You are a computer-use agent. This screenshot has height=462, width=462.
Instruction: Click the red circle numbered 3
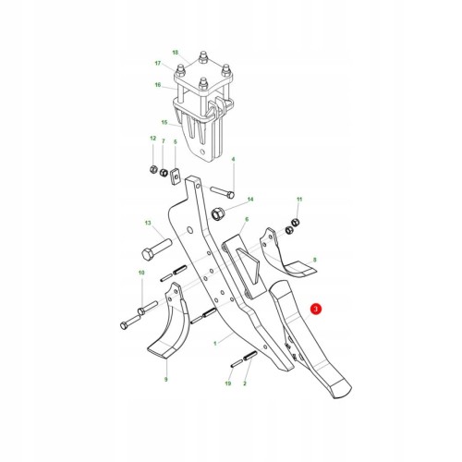tap(316, 309)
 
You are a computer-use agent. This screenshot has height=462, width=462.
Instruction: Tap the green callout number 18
tap(176, 53)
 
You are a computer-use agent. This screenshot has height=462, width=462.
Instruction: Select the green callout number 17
tap(158, 64)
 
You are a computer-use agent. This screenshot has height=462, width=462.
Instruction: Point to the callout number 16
tap(158, 84)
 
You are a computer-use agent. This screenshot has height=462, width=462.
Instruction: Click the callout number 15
tap(164, 122)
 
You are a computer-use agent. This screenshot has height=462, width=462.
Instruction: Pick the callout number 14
tap(250, 200)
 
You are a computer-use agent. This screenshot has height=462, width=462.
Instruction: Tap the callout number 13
tap(148, 223)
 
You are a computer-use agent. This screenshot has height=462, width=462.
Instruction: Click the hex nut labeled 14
tap(218, 213)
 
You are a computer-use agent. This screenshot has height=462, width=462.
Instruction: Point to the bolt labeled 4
tap(223, 191)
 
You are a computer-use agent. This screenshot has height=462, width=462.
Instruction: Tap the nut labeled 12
tap(153, 169)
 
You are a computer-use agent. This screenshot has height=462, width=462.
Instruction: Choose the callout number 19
tap(228, 383)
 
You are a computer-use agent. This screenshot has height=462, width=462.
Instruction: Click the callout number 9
tap(166, 379)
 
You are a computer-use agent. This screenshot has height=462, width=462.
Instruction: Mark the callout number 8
tap(314, 260)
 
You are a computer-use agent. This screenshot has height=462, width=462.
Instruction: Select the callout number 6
tap(247, 219)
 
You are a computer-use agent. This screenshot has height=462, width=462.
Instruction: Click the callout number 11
tap(299, 200)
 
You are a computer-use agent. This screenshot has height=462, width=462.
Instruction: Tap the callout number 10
tap(141, 273)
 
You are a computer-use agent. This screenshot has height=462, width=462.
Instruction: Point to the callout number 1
tap(215, 343)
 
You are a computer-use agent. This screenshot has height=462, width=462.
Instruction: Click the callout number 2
tap(245, 383)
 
